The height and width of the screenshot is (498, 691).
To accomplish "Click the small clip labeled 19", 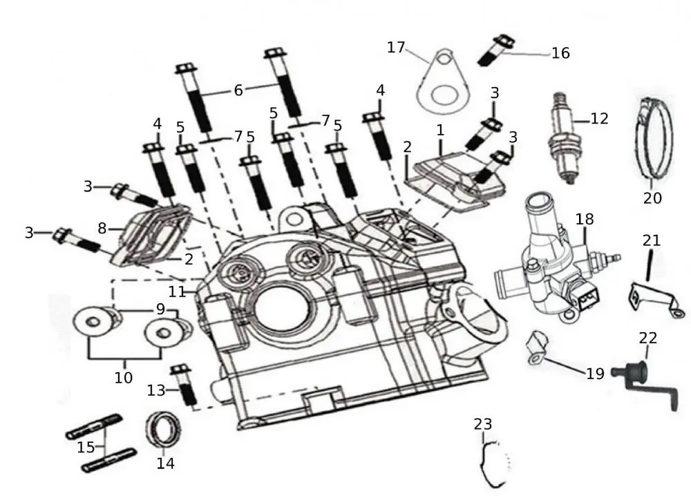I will pos(536,347).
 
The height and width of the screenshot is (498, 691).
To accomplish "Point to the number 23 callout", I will pos(483,423).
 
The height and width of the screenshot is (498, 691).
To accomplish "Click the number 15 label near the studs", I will pos(86,448).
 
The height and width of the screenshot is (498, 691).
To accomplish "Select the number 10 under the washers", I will pos(124,378).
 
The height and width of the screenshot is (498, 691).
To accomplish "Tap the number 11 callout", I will pos(178,291).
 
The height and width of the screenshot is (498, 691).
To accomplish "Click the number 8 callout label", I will pos(102,227).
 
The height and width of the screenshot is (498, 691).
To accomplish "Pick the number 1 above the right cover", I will pos(439,129).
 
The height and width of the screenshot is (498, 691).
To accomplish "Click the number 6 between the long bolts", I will pos(238,90).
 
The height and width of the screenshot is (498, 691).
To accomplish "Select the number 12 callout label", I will pos(599,118).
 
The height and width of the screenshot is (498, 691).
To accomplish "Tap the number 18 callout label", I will pos(584,219).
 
